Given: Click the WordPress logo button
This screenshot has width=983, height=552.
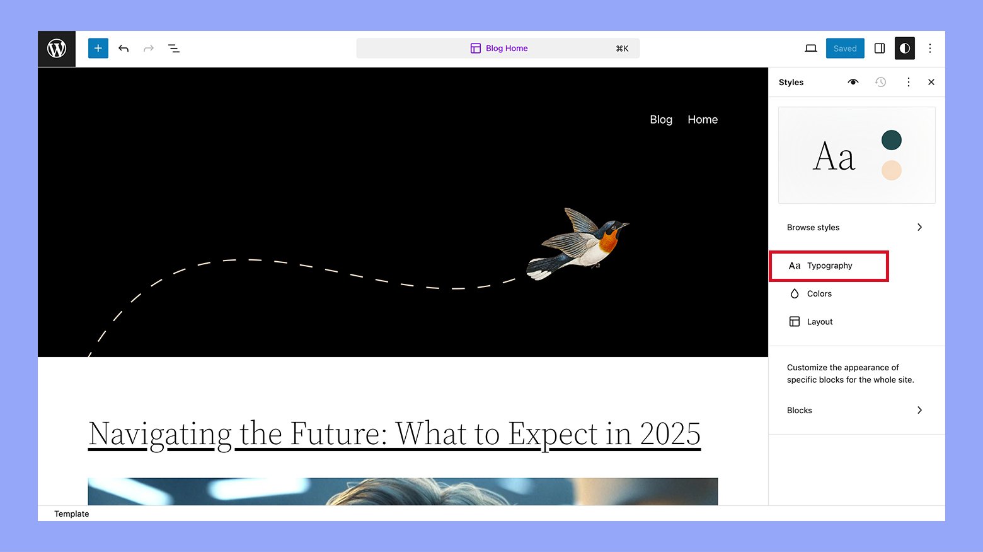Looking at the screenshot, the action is click(57, 49).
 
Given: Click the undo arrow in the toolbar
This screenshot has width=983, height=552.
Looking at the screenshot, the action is click(124, 49).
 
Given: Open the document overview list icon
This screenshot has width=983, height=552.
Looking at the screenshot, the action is click(174, 49).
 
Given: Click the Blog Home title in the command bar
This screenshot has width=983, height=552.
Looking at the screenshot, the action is click(507, 49).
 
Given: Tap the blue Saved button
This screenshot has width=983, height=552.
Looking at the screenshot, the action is click(845, 49).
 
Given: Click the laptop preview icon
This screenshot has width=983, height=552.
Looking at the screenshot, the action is click(810, 49).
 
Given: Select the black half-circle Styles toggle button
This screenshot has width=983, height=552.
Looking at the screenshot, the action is click(904, 49).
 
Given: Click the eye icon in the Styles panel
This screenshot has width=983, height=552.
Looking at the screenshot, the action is click(853, 82).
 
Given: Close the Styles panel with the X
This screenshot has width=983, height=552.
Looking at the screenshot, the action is click(931, 82).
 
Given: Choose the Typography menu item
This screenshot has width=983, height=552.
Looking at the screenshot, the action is click(829, 266).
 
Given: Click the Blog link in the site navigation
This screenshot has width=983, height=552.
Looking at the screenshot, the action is click(661, 119).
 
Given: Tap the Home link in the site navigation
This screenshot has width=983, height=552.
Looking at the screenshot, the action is click(703, 119).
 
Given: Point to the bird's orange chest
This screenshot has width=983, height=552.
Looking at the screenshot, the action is click(609, 241).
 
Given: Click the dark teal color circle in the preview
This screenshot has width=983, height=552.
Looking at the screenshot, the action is click(891, 140).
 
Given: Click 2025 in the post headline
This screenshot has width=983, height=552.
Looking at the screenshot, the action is click(670, 434).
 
